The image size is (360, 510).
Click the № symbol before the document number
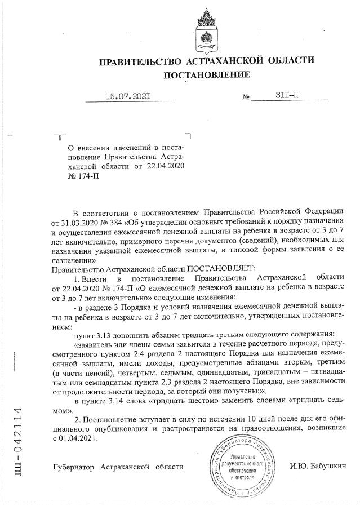246,97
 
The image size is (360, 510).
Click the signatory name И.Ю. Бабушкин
318,467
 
